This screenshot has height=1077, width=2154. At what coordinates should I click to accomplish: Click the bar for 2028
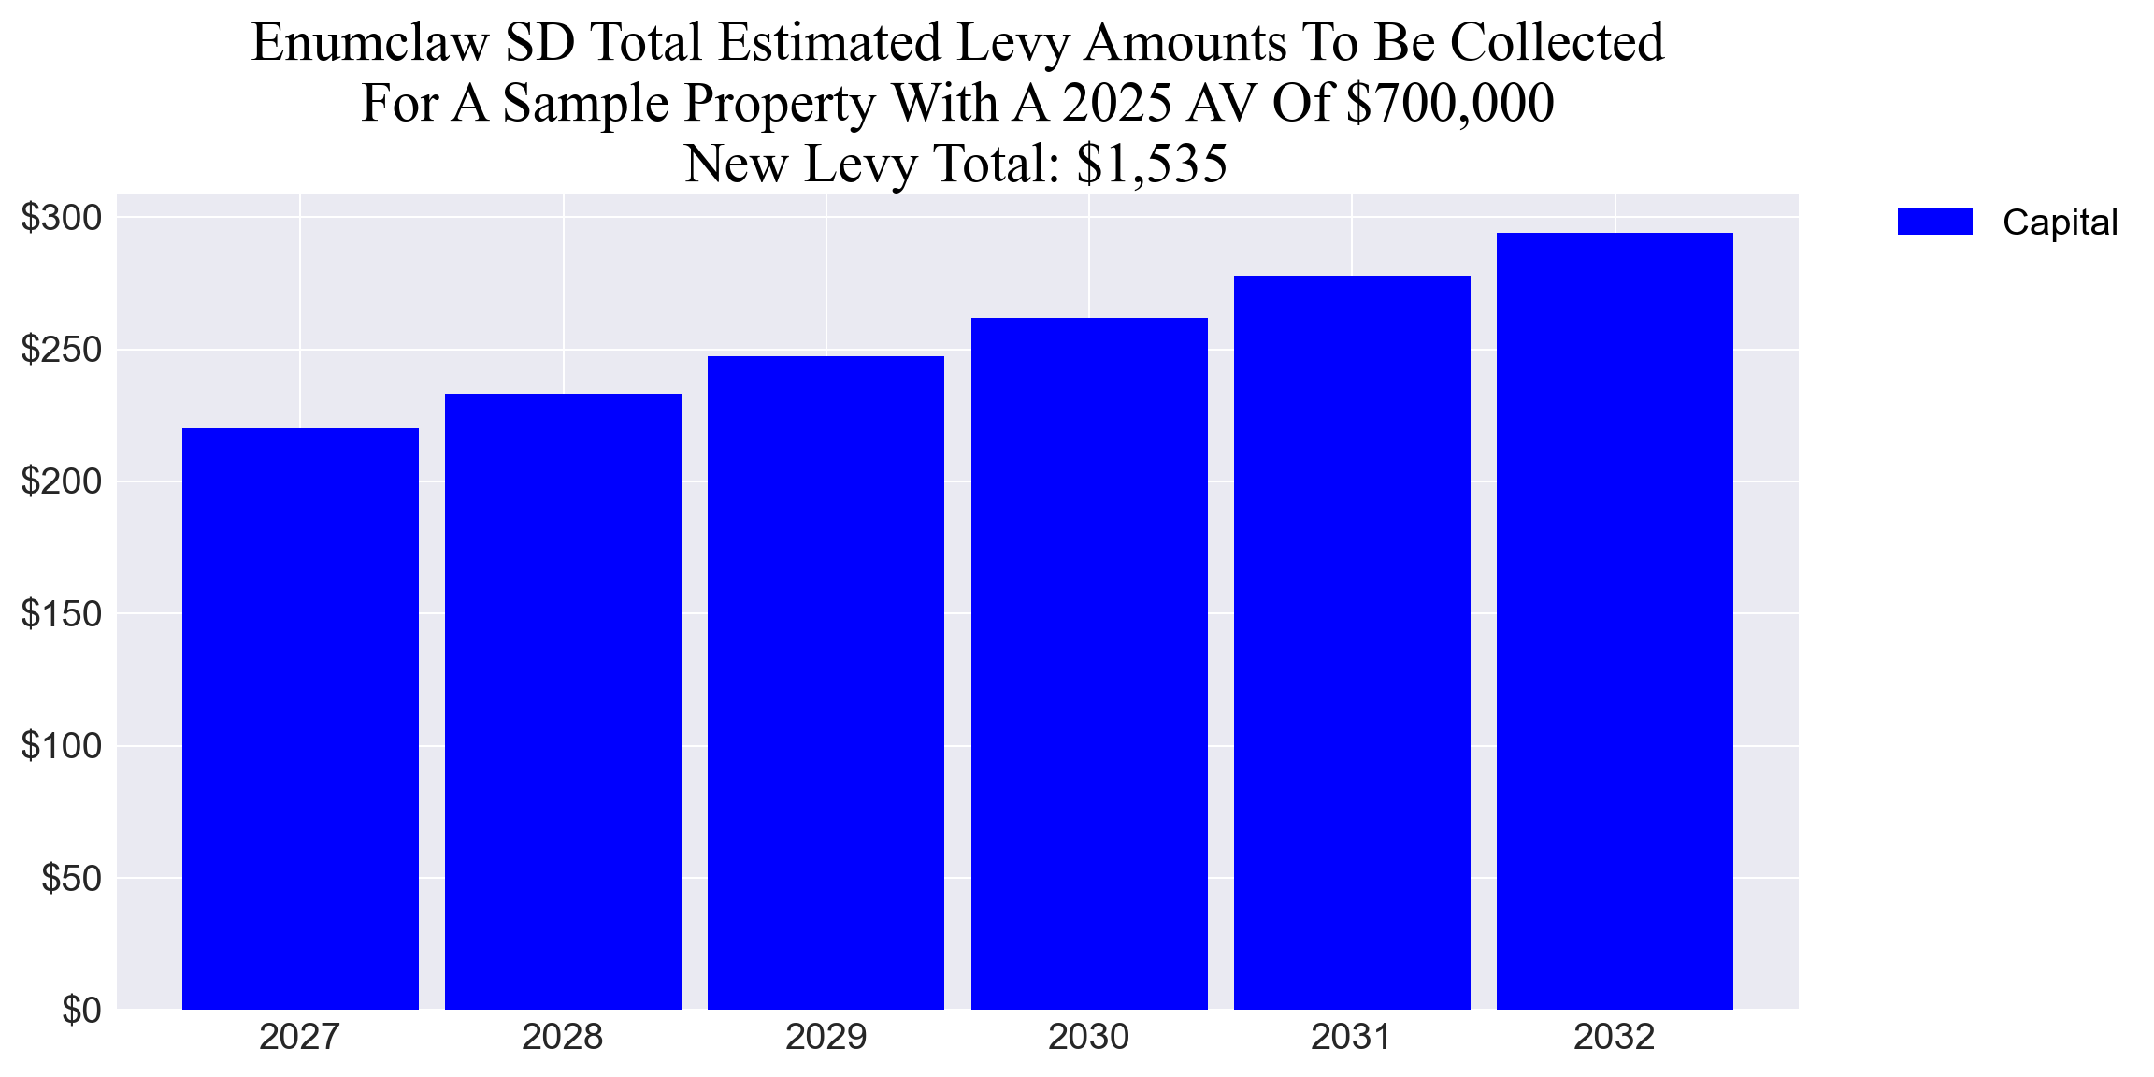563,701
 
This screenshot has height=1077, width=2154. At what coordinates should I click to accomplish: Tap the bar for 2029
826,682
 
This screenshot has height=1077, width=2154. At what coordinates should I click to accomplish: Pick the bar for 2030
1089,664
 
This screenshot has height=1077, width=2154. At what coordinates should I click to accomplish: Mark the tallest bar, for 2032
1615,621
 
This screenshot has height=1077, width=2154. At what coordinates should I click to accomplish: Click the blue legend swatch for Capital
1934,222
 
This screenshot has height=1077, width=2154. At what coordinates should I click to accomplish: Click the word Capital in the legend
2060,223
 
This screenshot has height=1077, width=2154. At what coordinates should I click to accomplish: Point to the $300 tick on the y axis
62,218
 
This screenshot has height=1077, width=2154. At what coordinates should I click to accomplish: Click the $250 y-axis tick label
62,350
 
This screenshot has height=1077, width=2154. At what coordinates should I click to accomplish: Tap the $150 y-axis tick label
62,614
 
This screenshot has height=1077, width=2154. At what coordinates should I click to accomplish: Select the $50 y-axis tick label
71,879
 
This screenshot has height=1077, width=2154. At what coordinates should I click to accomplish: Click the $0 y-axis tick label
81,1011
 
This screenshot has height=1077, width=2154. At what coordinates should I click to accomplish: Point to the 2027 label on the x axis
300,1037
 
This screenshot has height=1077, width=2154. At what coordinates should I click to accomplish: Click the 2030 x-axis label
1089,1037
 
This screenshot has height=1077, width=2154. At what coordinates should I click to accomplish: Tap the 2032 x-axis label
1615,1037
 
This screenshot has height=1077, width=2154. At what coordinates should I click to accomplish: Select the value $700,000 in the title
1450,103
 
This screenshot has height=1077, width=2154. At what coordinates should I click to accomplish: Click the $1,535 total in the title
1152,164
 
